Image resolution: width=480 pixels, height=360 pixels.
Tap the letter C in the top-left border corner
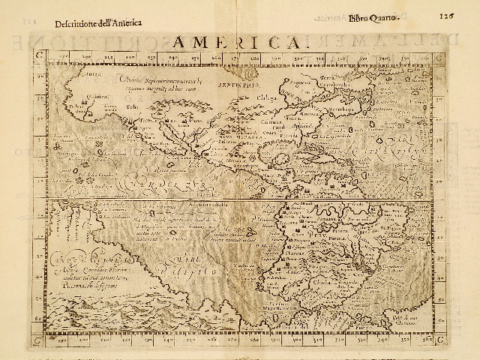pos(38,54)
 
